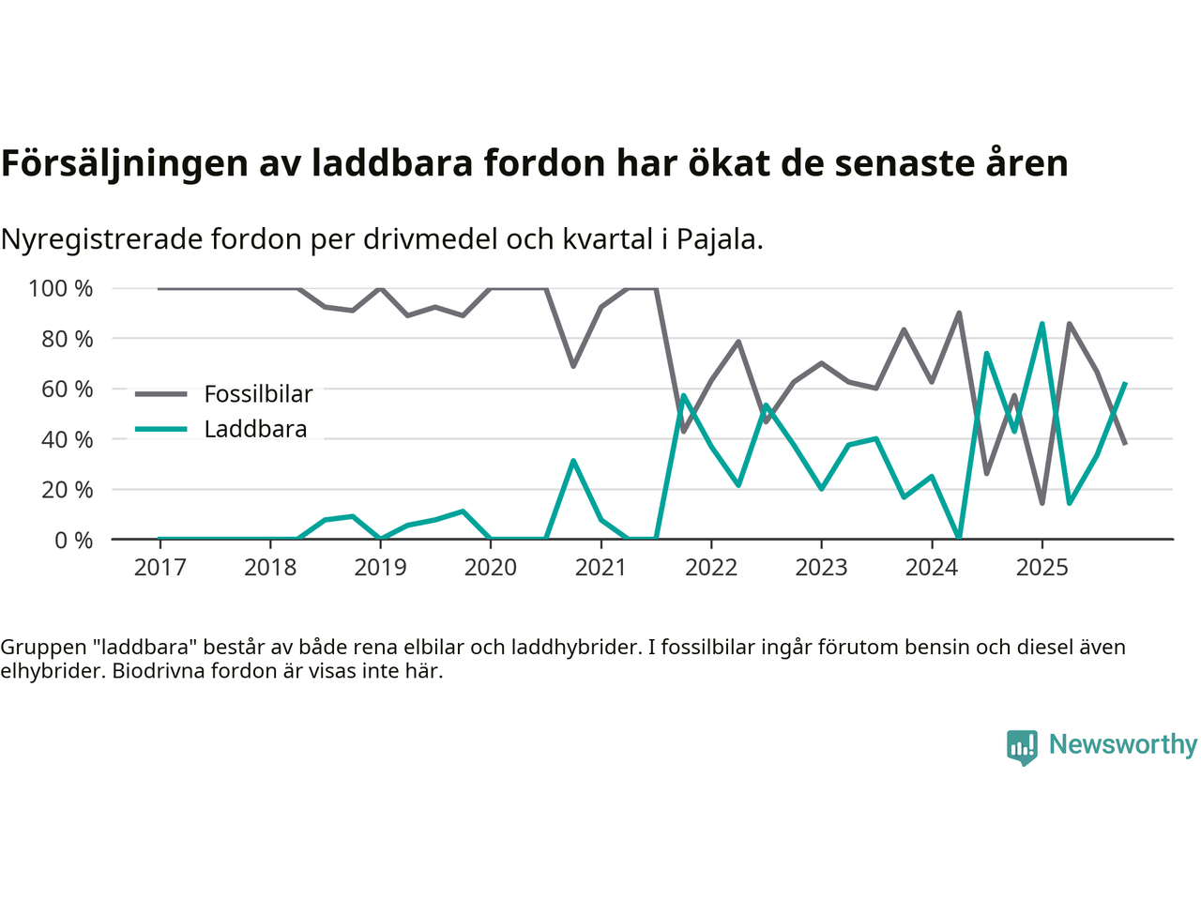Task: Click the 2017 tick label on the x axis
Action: click(x=160, y=568)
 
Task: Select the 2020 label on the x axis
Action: click(x=491, y=568)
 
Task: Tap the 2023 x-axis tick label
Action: click(x=821, y=568)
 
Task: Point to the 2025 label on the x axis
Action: click(x=1041, y=568)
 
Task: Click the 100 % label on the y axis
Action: click(x=61, y=288)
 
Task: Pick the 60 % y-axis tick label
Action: click(x=67, y=389)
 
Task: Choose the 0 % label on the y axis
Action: click(x=73, y=540)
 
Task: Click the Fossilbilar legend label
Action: click(x=258, y=394)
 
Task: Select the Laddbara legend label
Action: click(x=255, y=429)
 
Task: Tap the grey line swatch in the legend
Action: click(x=160, y=394)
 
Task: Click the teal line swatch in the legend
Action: click(x=160, y=429)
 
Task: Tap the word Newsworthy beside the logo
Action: click(x=1123, y=744)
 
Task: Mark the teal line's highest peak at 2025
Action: click(x=1041, y=324)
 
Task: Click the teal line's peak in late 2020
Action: click(x=573, y=461)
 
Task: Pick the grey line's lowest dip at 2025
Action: click(x=1041, y=503)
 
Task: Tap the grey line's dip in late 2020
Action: click(x=573, y=366)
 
